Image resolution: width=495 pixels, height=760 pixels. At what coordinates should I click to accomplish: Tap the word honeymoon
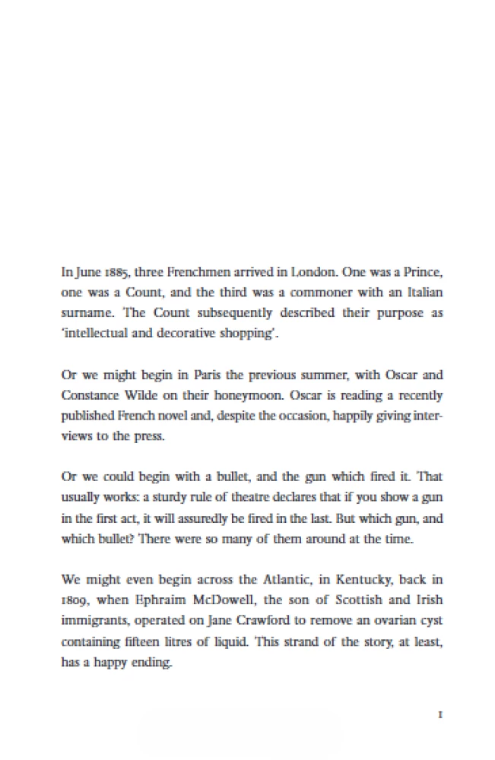click(x=255, y=396)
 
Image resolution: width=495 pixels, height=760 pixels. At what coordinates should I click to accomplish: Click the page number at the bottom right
click(x=440, y=714)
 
